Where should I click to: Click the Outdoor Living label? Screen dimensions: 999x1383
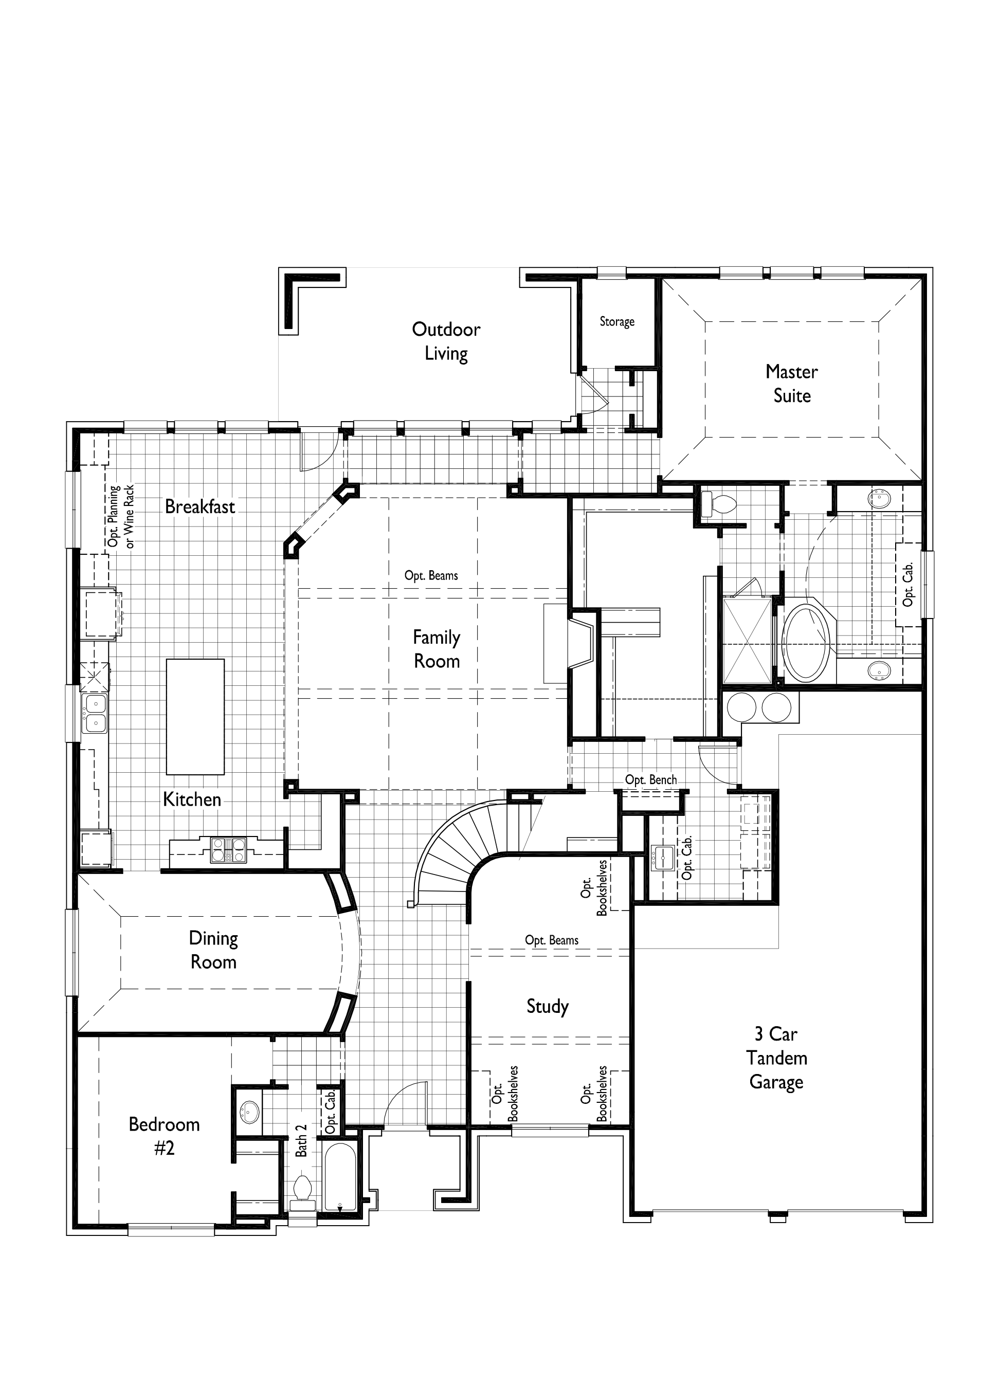tap(446, 341)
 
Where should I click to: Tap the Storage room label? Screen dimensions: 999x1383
tap(616, 321)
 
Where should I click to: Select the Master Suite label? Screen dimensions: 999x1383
tap(792, 384)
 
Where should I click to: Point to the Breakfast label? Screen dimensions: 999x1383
tap(200, 506)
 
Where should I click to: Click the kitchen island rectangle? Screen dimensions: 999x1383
tap(195, 717)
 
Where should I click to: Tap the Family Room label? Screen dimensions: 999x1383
tap(437, 649)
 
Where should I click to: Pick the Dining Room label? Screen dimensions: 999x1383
tap(213, 950)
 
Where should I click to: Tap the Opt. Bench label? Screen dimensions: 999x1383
tap(651, 780)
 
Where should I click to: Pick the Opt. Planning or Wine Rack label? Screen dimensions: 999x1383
tap(121, 517)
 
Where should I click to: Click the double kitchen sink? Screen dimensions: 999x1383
tap(95, 714)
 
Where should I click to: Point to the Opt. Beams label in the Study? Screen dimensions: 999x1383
tap(551, 940)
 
